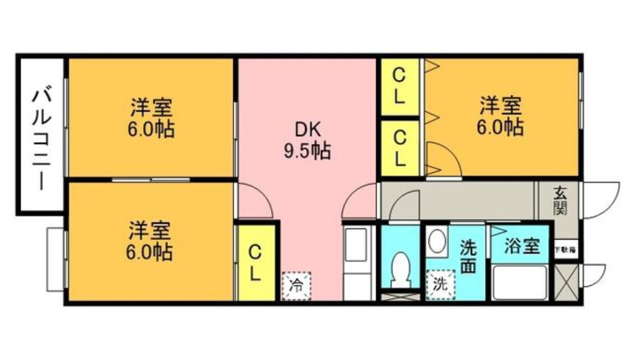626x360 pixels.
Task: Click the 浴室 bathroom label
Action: tap(522, 246)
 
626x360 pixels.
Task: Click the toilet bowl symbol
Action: tap(399, 270)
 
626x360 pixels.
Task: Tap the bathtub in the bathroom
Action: tap(520, 283)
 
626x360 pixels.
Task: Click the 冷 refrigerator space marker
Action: tap(296, 286)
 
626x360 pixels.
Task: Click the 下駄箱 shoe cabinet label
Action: tap(566, 249)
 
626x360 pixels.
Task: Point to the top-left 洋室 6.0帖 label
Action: tap(151, 118)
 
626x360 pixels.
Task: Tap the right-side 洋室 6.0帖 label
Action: tap(501, 116)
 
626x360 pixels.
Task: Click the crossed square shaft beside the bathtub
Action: tap(566, 282)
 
